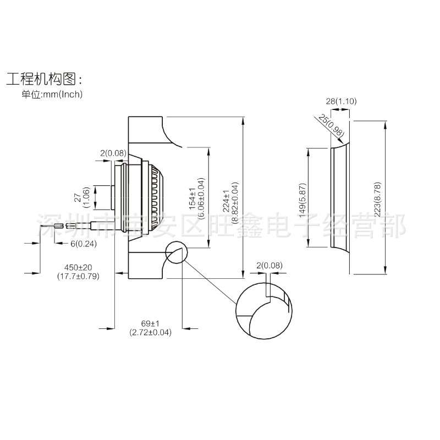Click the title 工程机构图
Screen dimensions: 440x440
point(43,78)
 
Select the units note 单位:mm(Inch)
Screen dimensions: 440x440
point(52,94)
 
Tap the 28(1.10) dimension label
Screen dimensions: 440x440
point(337,101)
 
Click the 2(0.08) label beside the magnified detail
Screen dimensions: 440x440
point(269,266)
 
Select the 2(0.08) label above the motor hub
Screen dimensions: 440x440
point(113,152)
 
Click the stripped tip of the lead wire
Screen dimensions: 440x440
point(69,226)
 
